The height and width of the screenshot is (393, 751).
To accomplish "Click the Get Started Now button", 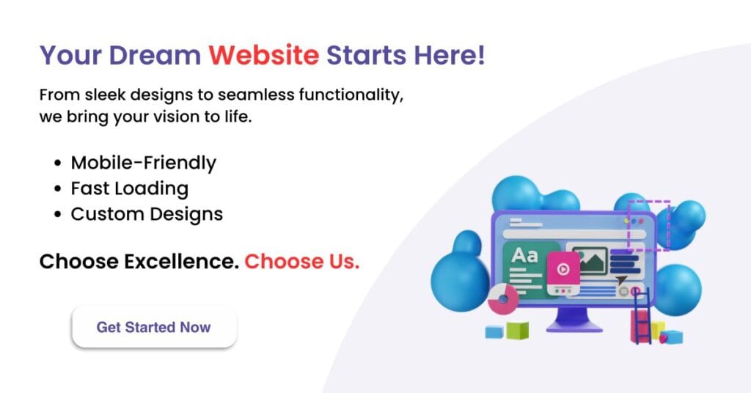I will pos(154,327).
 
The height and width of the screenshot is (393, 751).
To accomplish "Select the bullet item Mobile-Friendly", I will pos(143,162).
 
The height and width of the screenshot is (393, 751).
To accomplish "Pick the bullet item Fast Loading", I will pos(129,188).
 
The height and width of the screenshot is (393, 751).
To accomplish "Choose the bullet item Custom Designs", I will pos(147,214).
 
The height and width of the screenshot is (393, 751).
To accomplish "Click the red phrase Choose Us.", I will pos(301,262).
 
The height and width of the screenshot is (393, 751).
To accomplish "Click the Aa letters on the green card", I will pos(524,256).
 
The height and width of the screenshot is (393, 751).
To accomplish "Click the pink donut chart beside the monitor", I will pos(502,299).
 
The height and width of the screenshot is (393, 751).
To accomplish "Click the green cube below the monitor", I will pos(517,331).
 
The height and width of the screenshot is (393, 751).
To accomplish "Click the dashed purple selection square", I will pos(648,225).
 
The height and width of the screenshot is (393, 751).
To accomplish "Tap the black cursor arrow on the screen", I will pos(622,279).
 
